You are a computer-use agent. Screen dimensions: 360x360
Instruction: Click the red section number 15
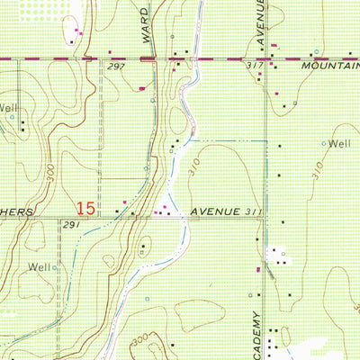click(x=85, y=208)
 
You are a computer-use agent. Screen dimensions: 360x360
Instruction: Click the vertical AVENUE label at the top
click(x=261, y=20)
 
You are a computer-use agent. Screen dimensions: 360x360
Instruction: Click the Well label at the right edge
click(x=338, y=143)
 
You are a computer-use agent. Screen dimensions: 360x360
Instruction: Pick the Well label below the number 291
click(x=39, y=266)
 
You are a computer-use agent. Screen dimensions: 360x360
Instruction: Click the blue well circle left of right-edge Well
click(x=324, y=143)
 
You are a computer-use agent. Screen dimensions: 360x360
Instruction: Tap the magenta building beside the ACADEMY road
click(x=260, y=269)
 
